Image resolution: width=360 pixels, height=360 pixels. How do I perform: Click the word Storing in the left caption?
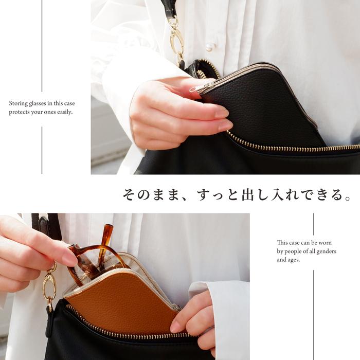[x=19, y=103]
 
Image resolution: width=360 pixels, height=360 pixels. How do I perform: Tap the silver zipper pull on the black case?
[x=197, y=89]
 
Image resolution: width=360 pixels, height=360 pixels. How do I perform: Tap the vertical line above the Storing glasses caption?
[x=42, y=46]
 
